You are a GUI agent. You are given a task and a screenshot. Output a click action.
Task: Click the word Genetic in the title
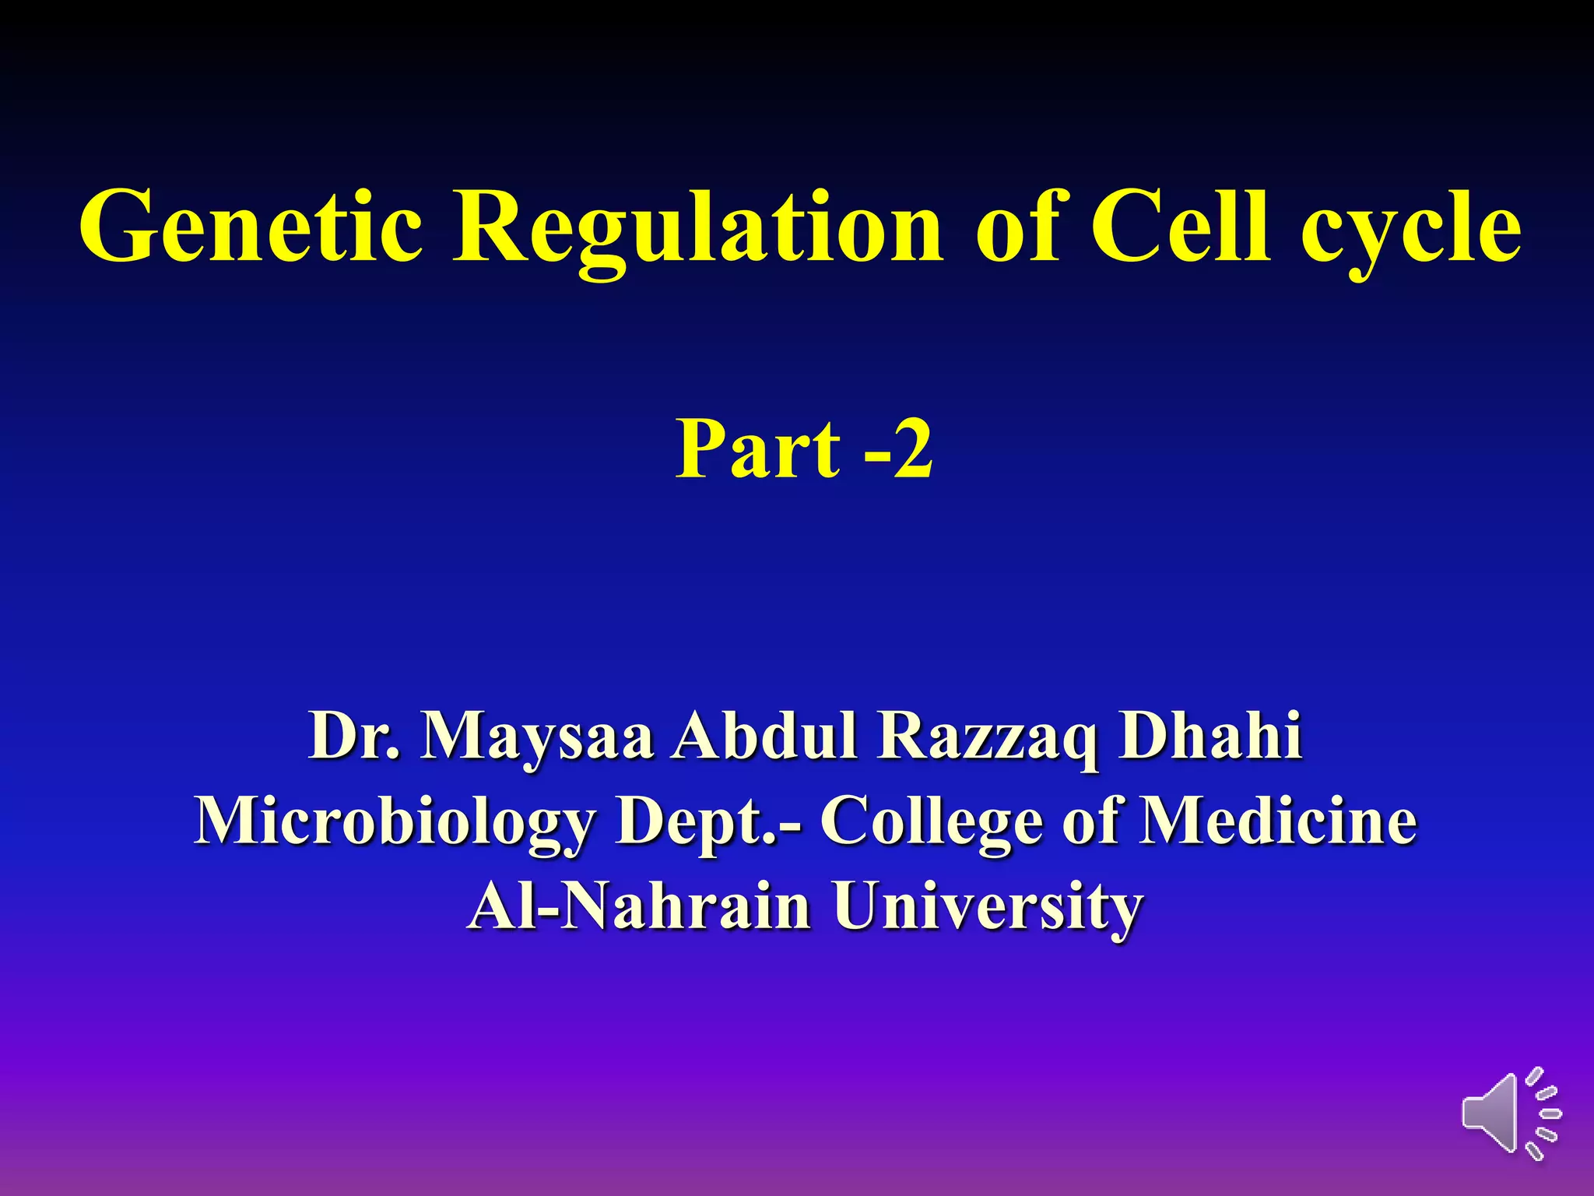[x=251, y=227]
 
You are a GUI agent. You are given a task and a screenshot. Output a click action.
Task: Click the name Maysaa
[x=536, y=736]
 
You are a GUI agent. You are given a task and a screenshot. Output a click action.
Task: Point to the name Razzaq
[x=988, y=736]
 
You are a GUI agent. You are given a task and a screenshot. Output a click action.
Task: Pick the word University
[x=988, y=907]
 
